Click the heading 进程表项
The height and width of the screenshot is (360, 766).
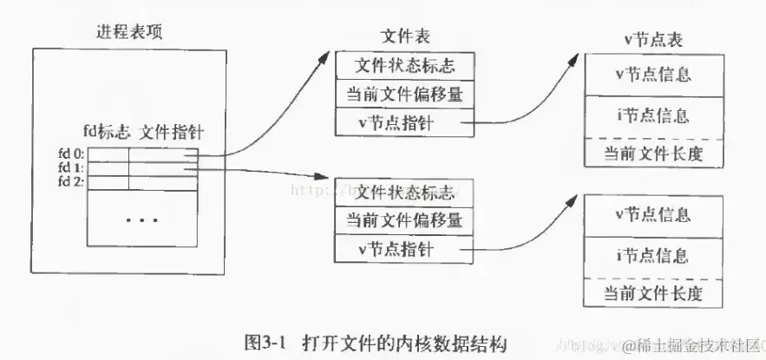pyautogui.click(x=129, y=32)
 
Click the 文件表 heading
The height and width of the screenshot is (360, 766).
pyautogui.click(x=405, y=36)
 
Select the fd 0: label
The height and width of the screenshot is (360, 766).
pyautogui.click(x=70, y=154)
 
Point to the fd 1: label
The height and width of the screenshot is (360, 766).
pyautogui.click(x=70, y=168)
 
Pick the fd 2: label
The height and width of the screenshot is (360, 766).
pyautogui.click(x=70, y=182)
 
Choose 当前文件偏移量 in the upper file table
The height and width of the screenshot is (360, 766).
pyautogui.click(x=405, y=95)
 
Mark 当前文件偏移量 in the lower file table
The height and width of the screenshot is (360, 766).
pyautogui.click(x=405, y=219)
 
